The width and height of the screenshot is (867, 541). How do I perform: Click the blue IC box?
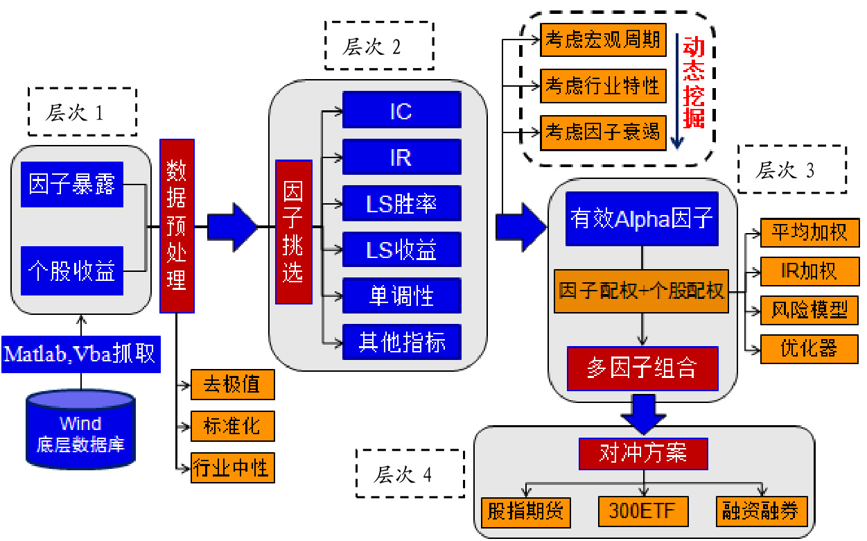point(401,110)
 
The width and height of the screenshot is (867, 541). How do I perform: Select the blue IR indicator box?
point(401,157)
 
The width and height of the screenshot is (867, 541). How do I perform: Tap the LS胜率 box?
point(401,203)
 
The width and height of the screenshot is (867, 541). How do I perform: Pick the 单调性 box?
point(401,296)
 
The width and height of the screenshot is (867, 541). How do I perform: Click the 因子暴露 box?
point(72,184)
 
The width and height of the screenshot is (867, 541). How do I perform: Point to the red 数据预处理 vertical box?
point(177,225)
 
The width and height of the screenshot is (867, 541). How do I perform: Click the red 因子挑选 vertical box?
point(294,232)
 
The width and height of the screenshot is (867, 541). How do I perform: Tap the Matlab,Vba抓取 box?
point(80,354)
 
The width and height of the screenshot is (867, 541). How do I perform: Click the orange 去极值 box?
point(231,384)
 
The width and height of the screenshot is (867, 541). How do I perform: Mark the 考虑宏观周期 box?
point(603,39)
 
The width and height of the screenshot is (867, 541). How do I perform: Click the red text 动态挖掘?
point(694,83)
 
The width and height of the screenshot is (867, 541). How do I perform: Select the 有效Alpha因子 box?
point(641,218)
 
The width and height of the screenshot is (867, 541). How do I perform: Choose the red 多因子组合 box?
point(642,368)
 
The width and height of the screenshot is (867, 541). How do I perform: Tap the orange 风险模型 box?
point(809,309)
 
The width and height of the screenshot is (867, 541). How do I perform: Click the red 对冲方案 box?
point(643,454)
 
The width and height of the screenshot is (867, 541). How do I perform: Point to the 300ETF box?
point(643,512)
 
